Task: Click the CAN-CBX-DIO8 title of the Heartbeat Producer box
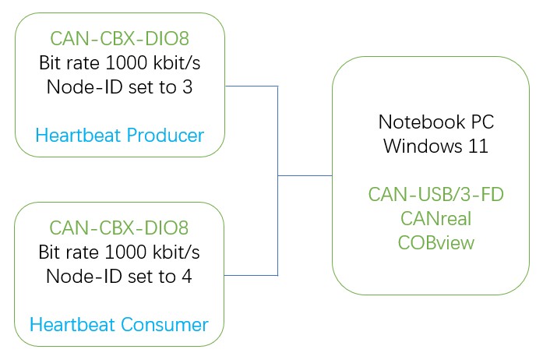click(x=119, y=37)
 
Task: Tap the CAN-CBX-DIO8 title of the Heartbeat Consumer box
click(x=119, y=228)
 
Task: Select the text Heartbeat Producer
click(x=119, y=136)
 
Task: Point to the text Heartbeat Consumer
click(x=119, y=324)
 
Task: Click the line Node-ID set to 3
click(x=119, y=86)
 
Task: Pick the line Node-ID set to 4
click(x=119, y=276)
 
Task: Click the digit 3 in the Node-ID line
click(x=187, y=86)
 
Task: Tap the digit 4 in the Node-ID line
click(x=187, y=276)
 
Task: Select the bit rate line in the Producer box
click(x=119, y=62)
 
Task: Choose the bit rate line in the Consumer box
click(x=119, y=252)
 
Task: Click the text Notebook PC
click(x=435, y=122)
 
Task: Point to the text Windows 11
click(x=435, y=146)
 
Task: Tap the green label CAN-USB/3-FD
click(x=435, y=195)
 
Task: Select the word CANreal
click(x=435, y=219)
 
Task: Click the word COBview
click(x=435, y=243)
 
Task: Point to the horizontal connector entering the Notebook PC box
click(x=305, y=176)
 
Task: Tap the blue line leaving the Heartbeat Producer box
click(x=251, y=86)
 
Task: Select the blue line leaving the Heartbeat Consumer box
click(x=251, y=275)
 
